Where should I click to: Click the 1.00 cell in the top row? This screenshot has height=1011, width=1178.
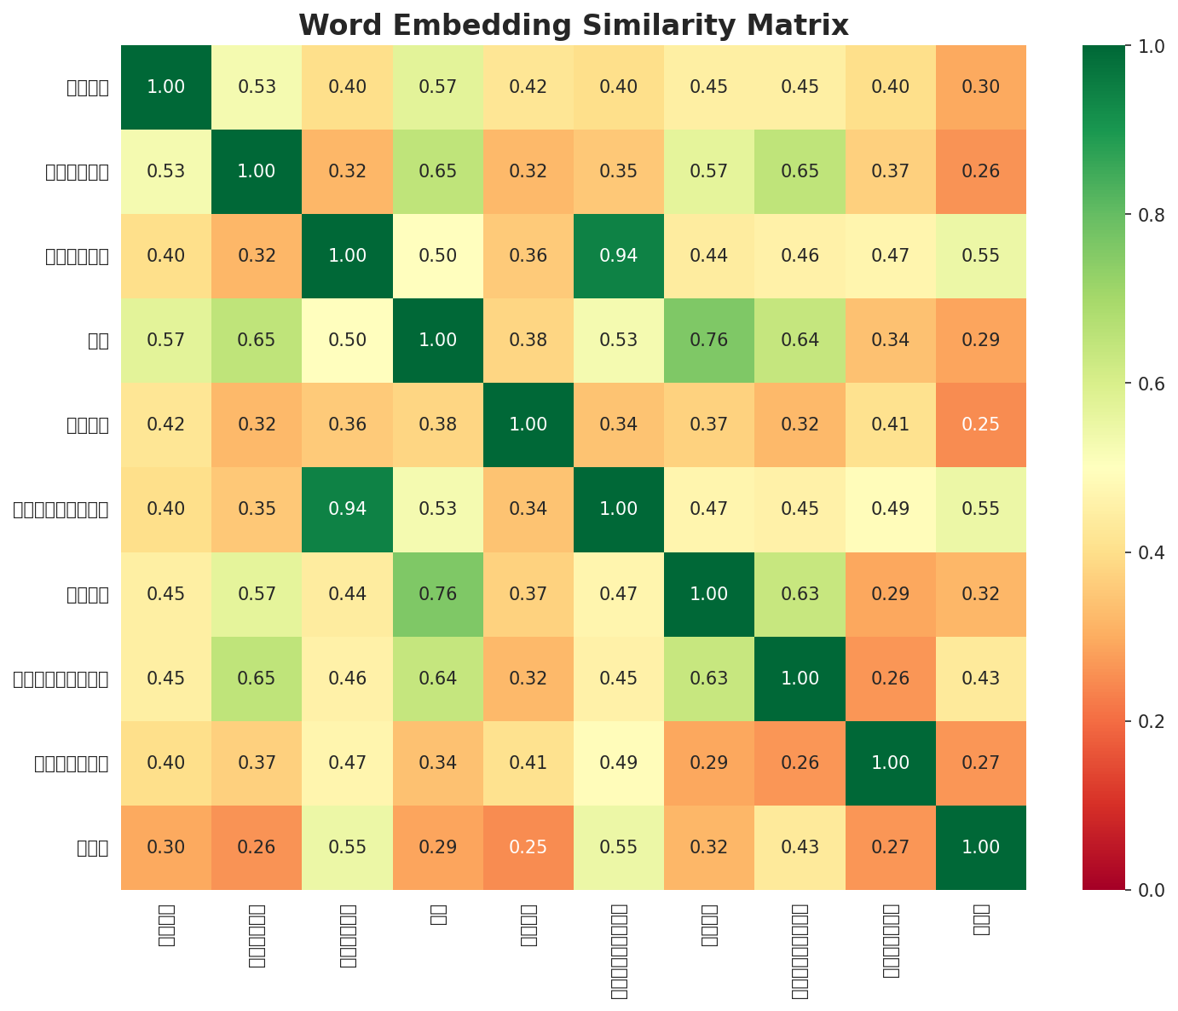(165, 87)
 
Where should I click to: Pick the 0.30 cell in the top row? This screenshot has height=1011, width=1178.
(980, 87)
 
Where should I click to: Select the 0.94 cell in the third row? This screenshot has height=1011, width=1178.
(618, 256)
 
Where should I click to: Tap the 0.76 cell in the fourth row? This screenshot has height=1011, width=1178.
(709, 340)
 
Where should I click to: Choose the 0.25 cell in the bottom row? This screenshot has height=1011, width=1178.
(528, 847)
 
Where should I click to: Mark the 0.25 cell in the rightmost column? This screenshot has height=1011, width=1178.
(980, 425)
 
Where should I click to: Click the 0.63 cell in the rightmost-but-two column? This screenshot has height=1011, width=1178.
(800, 594)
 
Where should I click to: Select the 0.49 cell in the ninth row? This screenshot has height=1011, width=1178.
(618, 763)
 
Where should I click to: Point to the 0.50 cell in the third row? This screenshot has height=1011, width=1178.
(437, 256)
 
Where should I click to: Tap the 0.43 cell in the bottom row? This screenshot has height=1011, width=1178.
(800, 847)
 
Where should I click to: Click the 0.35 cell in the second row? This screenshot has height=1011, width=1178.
(618, 171)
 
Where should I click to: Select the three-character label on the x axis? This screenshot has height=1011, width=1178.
(980, 921)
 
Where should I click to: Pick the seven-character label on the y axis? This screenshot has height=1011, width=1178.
(71, 763)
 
